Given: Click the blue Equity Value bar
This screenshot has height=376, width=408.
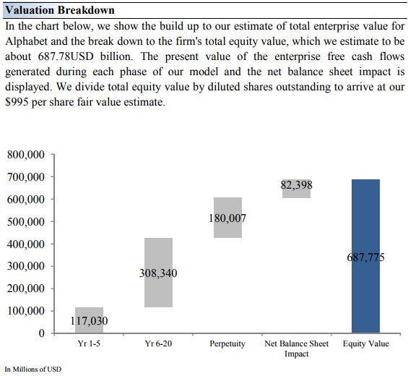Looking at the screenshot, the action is click(365, 256).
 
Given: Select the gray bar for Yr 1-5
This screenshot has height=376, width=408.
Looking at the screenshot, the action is click(90, 320).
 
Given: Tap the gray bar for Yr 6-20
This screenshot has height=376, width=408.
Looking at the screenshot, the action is click(158, 273).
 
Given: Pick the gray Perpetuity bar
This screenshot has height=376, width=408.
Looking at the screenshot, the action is click(227, 218).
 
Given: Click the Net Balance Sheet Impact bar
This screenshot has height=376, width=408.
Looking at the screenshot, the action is click(296, 189).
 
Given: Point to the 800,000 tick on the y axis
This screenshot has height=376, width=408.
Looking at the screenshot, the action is click(26, 155).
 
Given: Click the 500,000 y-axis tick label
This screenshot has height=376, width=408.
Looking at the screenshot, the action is click(26, 222).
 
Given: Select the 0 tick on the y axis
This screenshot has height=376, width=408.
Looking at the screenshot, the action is click(41, 333).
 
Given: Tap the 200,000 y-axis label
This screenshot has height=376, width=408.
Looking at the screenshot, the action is click(26, 289).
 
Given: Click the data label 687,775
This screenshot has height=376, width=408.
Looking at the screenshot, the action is click(365, 257).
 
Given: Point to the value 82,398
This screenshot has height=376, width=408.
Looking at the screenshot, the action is click(296, 185).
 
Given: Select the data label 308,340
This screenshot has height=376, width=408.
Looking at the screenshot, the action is click(158, 273).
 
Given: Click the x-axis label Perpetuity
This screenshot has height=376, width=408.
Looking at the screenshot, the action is click(227, 343).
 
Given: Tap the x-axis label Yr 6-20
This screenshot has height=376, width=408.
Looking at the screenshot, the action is click(158, 343).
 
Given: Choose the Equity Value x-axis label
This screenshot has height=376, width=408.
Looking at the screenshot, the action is click(366, 343).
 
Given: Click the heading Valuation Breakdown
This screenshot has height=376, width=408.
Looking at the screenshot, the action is click(60, 10).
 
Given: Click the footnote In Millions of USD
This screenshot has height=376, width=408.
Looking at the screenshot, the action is click(33, 369).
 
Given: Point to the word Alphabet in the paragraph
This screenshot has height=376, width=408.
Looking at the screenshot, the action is click(26, 41).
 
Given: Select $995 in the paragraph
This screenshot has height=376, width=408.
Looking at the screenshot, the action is click(17, 102).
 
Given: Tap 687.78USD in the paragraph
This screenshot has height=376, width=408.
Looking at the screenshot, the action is click(66, 56).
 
